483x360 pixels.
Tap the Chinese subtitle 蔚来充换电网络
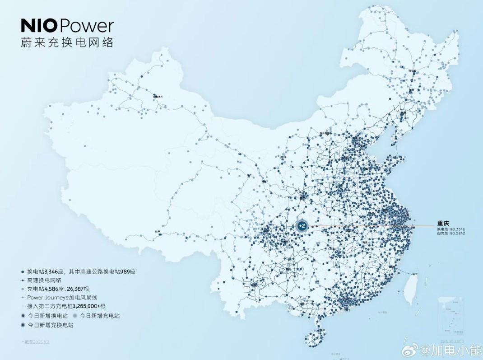click(67, 43)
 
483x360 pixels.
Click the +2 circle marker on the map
click(302, 226)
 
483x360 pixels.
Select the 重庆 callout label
click(443, 223)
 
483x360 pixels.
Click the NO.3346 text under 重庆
click(457, 229)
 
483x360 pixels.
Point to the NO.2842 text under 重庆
click(457, 234)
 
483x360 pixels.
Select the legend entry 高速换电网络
click(44, 280)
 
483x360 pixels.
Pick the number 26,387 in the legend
click(79, 289)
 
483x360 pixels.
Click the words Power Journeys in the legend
click(48, 298)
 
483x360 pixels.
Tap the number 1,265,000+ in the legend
click(88, 306)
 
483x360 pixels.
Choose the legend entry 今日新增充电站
click(100, 316)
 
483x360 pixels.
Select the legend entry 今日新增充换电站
click(50, 325)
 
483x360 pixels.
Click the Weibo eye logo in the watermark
click(413, 350)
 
